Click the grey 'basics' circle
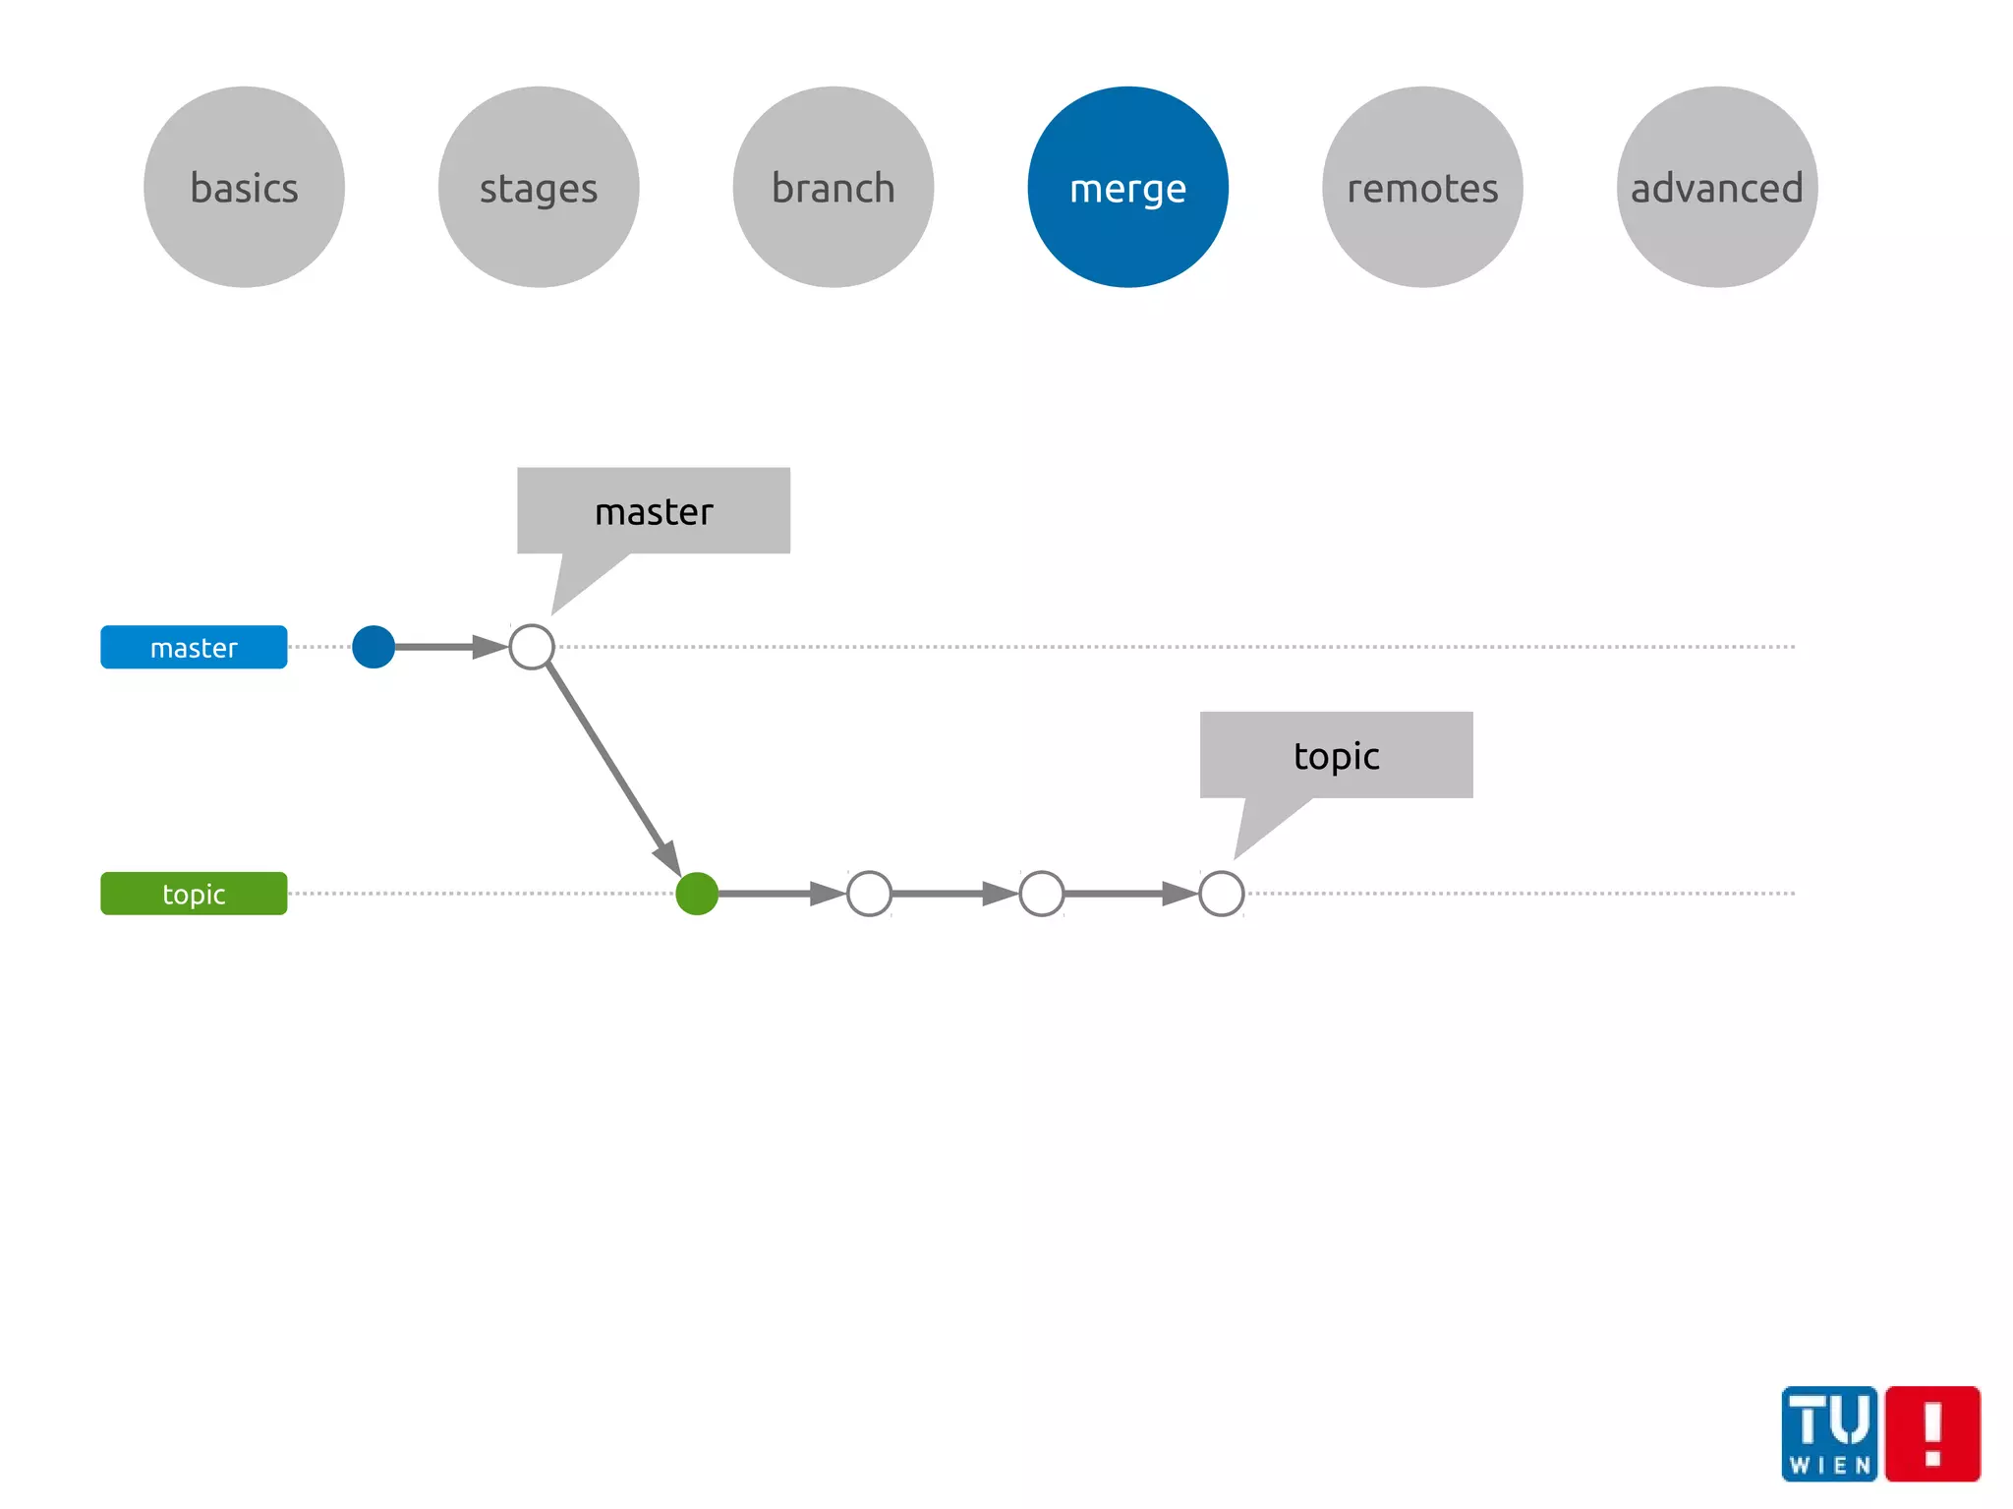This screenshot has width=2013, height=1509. pyautogui.click(x=244, y=187)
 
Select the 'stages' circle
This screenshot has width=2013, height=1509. pyautogui.click(x=539, y=187)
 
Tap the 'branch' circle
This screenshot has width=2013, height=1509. pyautogui.click(x=834, y=187)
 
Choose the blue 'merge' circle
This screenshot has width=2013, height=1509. pyautogui.click(x=1127, y=187)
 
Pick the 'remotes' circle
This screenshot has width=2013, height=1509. pyautogui.click(x=1422, y=187)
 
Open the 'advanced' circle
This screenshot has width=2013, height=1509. pyautogui.click(x=1716, y=187)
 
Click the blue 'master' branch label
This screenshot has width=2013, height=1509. pyautogui.click(x=194, y=647)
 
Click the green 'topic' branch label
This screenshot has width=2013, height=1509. pyautogui.click(x=194, y=894)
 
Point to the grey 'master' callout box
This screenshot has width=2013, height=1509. pyautogui.click(x=654, y=511)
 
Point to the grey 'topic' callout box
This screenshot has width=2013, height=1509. pyautogui.click(x=1336, y=755)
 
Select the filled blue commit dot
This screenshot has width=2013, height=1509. pyautogui.click(x=374, y=647)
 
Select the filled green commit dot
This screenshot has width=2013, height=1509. pyautogui.click(x=697, y=894)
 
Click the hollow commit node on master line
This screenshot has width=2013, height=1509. pyautogui.click(x=532, y=647)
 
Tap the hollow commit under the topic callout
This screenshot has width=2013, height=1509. pyautogui.click(x=1222, y=894)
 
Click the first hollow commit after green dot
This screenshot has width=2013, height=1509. pyautogui.click(x=869, y=894)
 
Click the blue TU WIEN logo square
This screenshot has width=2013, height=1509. pyautogui.click(x=1829, y=1433)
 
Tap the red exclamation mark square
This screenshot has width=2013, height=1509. pyautogui.click(x=1932, y=1433)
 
